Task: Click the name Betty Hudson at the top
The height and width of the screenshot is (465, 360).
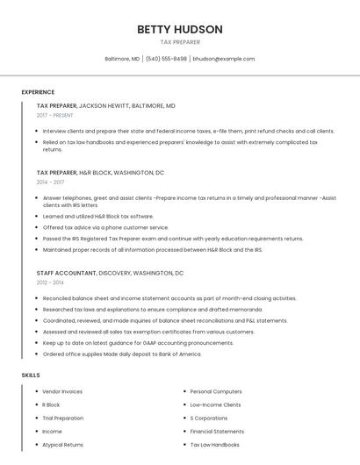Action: point(180,29)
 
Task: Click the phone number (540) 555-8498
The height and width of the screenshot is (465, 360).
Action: point(166,59)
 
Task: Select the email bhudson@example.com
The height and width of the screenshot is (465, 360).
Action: point(224,59)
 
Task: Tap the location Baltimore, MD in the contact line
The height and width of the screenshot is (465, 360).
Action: point(122,59)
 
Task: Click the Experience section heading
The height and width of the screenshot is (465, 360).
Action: point(38,92)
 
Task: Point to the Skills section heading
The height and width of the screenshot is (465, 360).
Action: point(31,376)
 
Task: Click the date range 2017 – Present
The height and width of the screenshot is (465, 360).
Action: point(55,115)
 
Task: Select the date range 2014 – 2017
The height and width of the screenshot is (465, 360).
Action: point(50,182)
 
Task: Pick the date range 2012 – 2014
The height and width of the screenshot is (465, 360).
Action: point(50,283)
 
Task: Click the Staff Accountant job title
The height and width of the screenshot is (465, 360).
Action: point(66,273)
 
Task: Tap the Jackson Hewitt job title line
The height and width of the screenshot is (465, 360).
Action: point(105,105)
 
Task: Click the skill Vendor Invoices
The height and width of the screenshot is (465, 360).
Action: point(62,391)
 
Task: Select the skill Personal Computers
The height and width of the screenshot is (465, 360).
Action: point(216,391)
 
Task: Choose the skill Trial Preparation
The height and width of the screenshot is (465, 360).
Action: point(63,418)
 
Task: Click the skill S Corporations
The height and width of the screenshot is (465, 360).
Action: point(210,418)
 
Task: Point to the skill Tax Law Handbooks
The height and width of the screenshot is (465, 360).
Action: point(214,445)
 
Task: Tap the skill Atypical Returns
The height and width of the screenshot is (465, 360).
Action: point(62,445)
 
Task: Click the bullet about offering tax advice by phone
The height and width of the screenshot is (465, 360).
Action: point(105,227)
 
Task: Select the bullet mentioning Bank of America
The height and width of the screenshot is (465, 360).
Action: point(122,354)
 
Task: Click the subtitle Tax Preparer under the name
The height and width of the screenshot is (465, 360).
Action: point(180,42)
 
